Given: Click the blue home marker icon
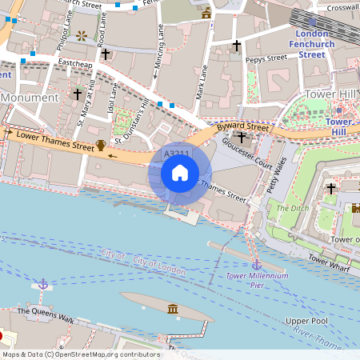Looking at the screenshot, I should tap(180, 173).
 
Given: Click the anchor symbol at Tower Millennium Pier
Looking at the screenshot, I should tap(257, 264).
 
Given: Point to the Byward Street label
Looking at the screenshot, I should tap(246, 127).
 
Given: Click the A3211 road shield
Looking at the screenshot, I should tap(176, 153).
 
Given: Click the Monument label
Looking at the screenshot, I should tap(30, 98).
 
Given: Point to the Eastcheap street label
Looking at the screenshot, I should tap(76, 62).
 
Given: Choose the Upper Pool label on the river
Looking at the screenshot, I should tap(306, 321).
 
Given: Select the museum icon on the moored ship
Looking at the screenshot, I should tap(173, 309).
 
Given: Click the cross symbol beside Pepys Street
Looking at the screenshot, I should tap(236, 46).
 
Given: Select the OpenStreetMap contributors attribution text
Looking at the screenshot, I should tap(80, 354).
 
